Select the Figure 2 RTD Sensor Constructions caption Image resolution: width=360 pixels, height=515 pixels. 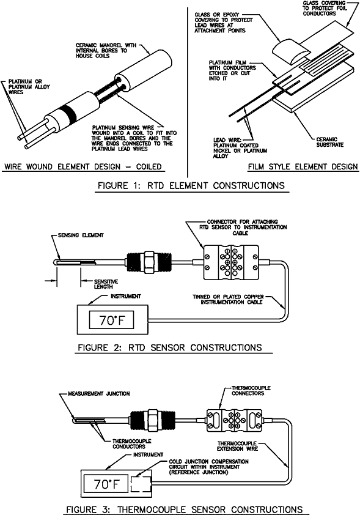click(x=170, y=347)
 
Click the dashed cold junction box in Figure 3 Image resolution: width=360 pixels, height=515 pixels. click(x=141, y=482)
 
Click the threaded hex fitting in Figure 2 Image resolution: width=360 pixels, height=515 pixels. click(x=144, y=264)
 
